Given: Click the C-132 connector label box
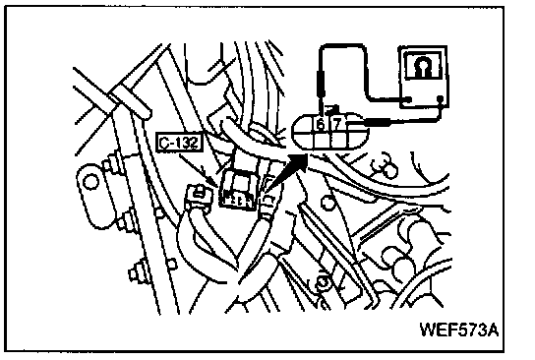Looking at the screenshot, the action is (179, 143).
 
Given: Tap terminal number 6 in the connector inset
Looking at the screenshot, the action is (321, 124).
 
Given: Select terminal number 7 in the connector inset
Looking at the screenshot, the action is (336, 124).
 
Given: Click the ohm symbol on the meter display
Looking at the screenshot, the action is (423, 67).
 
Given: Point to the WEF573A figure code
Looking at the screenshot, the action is (459, 330).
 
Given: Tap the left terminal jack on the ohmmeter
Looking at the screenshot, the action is (408, 99).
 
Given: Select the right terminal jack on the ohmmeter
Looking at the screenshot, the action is (441, 99).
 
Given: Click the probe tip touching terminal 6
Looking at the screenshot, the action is (321, 108).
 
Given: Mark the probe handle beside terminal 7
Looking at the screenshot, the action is (378, 122).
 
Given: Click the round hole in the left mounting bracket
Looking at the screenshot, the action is (90, 181).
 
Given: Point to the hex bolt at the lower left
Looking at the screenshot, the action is (136, 271).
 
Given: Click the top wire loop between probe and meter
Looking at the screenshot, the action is (341, 45).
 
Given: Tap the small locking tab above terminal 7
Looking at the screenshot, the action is (332, 109).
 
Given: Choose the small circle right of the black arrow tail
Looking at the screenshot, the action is (328, 203).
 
